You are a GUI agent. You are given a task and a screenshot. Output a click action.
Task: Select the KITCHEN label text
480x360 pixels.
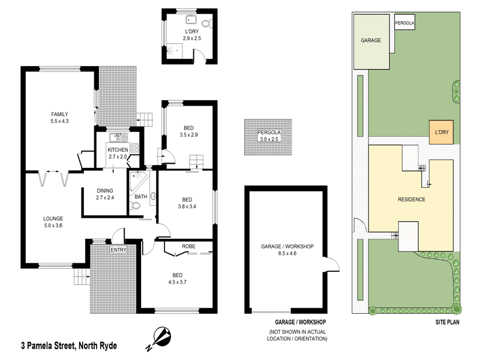tap(117, 149)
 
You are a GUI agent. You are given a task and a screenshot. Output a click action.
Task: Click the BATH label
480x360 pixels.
tap(140, 197)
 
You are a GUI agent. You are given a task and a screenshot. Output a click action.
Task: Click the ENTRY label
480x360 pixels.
tap(118, 250)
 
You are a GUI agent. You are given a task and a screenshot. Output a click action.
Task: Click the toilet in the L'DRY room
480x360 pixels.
tap(206, 25)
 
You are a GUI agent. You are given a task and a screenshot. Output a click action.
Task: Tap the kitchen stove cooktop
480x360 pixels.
tap(135, 148)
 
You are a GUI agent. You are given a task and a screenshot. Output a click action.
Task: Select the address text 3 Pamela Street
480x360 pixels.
tap(69, 346)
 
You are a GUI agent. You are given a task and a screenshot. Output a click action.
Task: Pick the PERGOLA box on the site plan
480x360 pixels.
tap(404, 23)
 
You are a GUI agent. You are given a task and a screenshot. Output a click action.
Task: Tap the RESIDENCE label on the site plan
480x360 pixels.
tap(412, 199)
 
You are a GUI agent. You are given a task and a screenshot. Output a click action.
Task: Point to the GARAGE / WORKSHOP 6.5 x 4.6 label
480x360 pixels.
tap(287, 250)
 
